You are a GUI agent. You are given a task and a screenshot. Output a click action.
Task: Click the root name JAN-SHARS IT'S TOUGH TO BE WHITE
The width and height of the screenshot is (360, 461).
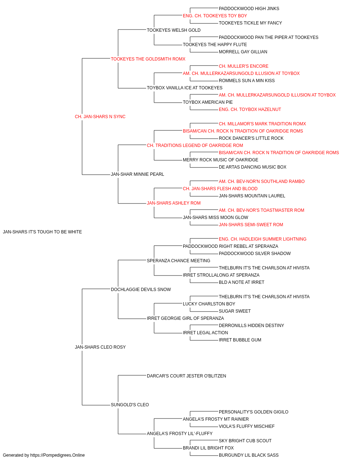pos(42,232)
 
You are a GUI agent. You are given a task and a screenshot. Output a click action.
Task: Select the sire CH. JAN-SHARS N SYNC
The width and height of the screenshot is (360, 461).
pos(100,117)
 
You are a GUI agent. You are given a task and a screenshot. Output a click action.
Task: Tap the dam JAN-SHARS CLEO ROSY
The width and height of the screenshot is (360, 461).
pos(100,347)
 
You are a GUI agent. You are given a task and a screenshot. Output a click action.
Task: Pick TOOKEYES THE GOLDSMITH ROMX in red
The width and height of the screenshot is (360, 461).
pos(148,59)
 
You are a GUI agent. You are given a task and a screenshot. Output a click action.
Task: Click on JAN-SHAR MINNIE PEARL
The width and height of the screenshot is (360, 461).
pos(138,174)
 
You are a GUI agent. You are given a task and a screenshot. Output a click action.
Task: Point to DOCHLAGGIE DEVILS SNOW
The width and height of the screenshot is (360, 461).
pos(141,289)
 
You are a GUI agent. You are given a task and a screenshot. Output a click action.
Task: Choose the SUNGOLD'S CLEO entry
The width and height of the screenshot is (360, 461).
pos(130,404)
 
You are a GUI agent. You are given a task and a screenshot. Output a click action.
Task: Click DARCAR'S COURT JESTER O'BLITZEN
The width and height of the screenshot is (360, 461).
pos(186,376)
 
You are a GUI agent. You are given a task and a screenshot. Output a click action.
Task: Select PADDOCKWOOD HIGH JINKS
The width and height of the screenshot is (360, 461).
pos(249,9)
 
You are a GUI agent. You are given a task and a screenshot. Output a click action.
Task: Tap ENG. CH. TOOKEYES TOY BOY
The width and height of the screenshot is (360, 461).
pos(215,16)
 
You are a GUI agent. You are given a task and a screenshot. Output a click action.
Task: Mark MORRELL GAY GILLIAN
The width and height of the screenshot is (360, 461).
pos(243,52)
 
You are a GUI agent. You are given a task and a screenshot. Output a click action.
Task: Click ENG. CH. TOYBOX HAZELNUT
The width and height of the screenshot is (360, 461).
pos(250,109)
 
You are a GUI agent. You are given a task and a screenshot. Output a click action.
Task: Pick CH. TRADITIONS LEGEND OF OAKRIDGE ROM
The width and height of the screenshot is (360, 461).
pos(195,145)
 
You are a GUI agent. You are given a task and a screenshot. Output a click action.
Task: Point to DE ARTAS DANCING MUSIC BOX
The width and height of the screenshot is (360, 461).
pos(252,167)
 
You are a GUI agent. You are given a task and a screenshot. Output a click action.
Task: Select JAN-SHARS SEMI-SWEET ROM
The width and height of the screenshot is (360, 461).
pos(251,225)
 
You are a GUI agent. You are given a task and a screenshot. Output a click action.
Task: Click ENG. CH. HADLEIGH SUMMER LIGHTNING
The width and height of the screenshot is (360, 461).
pos(262,239)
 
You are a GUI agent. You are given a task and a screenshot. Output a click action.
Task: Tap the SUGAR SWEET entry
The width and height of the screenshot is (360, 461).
pos(235,311)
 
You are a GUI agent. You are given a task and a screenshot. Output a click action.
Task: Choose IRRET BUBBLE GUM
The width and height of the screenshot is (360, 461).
pos(240,340)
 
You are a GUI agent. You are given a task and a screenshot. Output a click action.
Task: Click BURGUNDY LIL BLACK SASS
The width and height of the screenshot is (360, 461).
pos(249,455)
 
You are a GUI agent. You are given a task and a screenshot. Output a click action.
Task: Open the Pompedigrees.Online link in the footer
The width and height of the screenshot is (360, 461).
pos(58,455)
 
